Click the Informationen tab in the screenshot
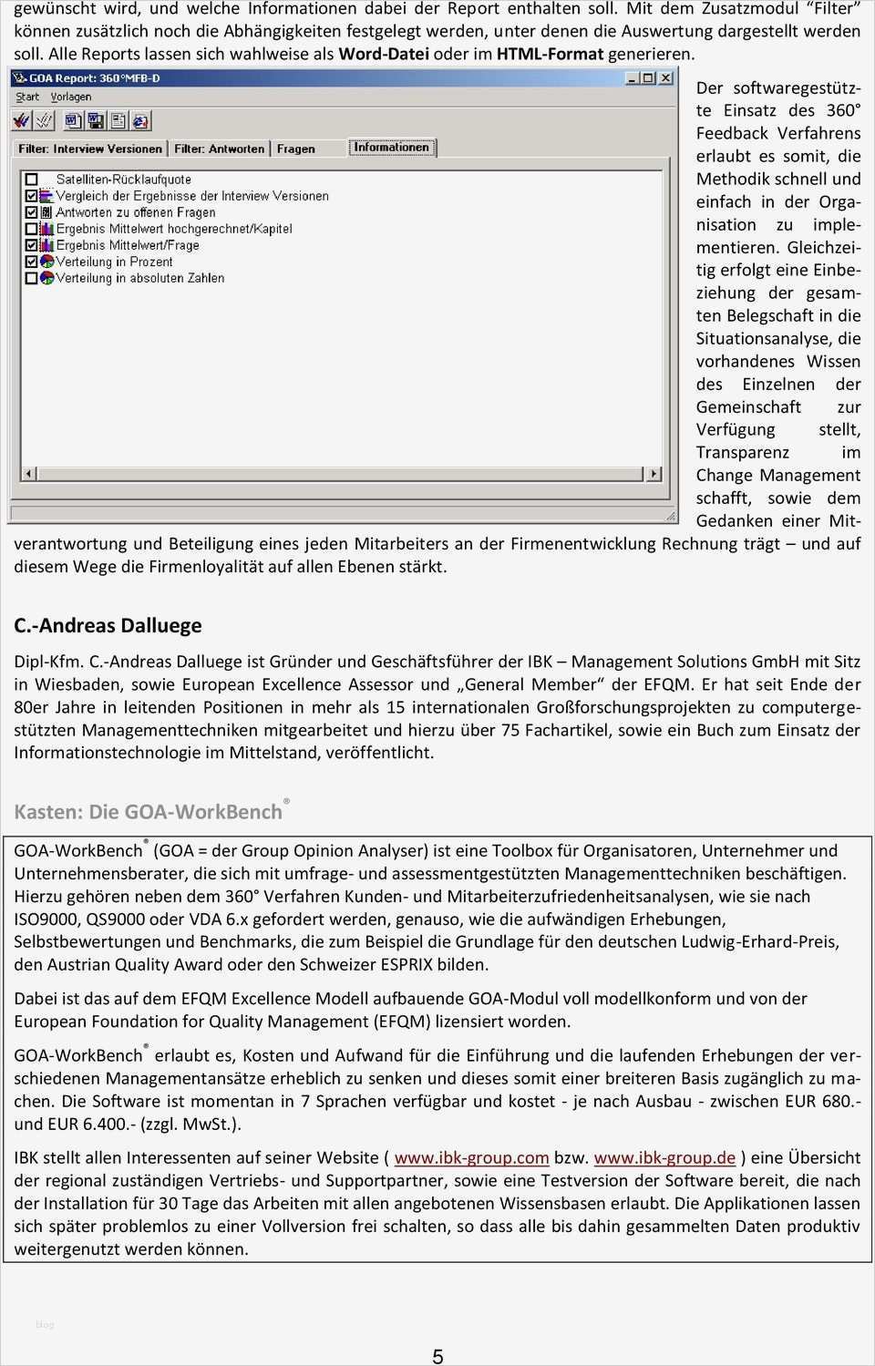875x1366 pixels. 392,148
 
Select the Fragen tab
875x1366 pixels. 296,149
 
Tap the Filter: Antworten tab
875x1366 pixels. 219,149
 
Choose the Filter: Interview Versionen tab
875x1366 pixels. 89,149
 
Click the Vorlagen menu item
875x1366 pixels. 71,97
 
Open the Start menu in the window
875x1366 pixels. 27,97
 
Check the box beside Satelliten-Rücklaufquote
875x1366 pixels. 32,180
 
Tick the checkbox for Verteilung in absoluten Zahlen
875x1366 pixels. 32,278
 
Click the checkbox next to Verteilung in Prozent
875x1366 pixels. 32,262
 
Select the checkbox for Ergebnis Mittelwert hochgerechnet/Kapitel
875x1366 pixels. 32,229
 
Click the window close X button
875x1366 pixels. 666,77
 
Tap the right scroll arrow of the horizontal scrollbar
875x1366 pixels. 654,473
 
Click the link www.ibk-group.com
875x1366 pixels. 471,1158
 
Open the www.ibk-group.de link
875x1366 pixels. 664,1158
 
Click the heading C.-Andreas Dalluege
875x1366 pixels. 108,626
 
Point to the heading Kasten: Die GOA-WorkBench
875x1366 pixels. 148,812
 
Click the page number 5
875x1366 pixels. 437,1357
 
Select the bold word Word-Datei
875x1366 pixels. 384,54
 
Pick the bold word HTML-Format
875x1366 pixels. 550,54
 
